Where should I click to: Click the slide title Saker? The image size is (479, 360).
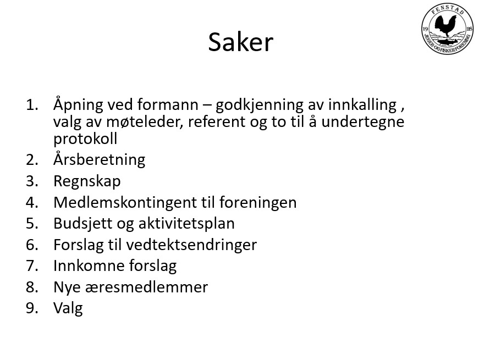240,42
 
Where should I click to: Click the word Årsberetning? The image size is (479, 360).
99,160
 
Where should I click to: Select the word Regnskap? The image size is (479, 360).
87,181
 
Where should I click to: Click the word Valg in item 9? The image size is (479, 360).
68,308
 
